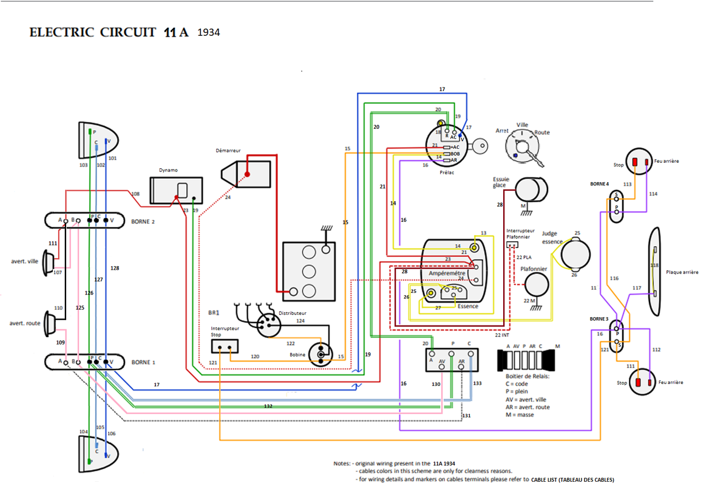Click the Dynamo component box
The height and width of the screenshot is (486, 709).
(176, 190)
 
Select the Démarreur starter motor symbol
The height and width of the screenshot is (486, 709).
(246, 174)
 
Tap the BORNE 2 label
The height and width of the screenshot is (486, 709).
(143, 222)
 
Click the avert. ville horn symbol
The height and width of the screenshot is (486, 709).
(49, 265)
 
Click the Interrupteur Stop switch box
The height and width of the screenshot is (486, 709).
(224, 346)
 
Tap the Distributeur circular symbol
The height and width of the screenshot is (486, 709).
(268, 326)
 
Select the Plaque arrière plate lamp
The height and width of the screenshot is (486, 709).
(654, 272)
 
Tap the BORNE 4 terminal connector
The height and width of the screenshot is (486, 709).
(616, 206)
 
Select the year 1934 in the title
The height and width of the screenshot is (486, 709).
(209, 32)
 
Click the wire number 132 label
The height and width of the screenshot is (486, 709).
(268, 405)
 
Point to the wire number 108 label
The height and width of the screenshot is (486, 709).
(135, 194)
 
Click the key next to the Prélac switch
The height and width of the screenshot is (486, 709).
(478, 145)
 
